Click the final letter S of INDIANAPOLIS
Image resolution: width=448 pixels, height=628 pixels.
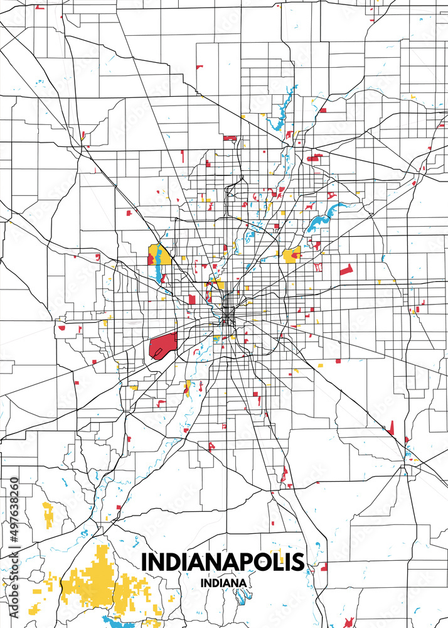(x=297, y=561)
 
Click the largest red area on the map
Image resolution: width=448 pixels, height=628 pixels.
(x=163, y=344)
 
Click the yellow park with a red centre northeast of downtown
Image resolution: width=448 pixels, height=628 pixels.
(x=291, y=256)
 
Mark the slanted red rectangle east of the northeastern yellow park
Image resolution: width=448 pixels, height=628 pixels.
(x=346, y=270)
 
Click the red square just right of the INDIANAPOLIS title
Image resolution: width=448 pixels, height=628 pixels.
(x=324, y=567)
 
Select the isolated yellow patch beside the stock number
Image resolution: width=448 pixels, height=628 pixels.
(x=48, y=514)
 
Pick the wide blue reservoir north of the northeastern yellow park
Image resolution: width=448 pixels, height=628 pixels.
(x=325, y=217)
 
